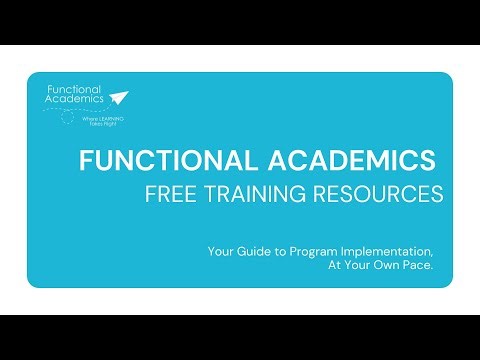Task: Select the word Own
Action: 394,266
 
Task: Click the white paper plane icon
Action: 120,97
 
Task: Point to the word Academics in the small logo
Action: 71,100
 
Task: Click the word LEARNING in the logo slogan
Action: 96,117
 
